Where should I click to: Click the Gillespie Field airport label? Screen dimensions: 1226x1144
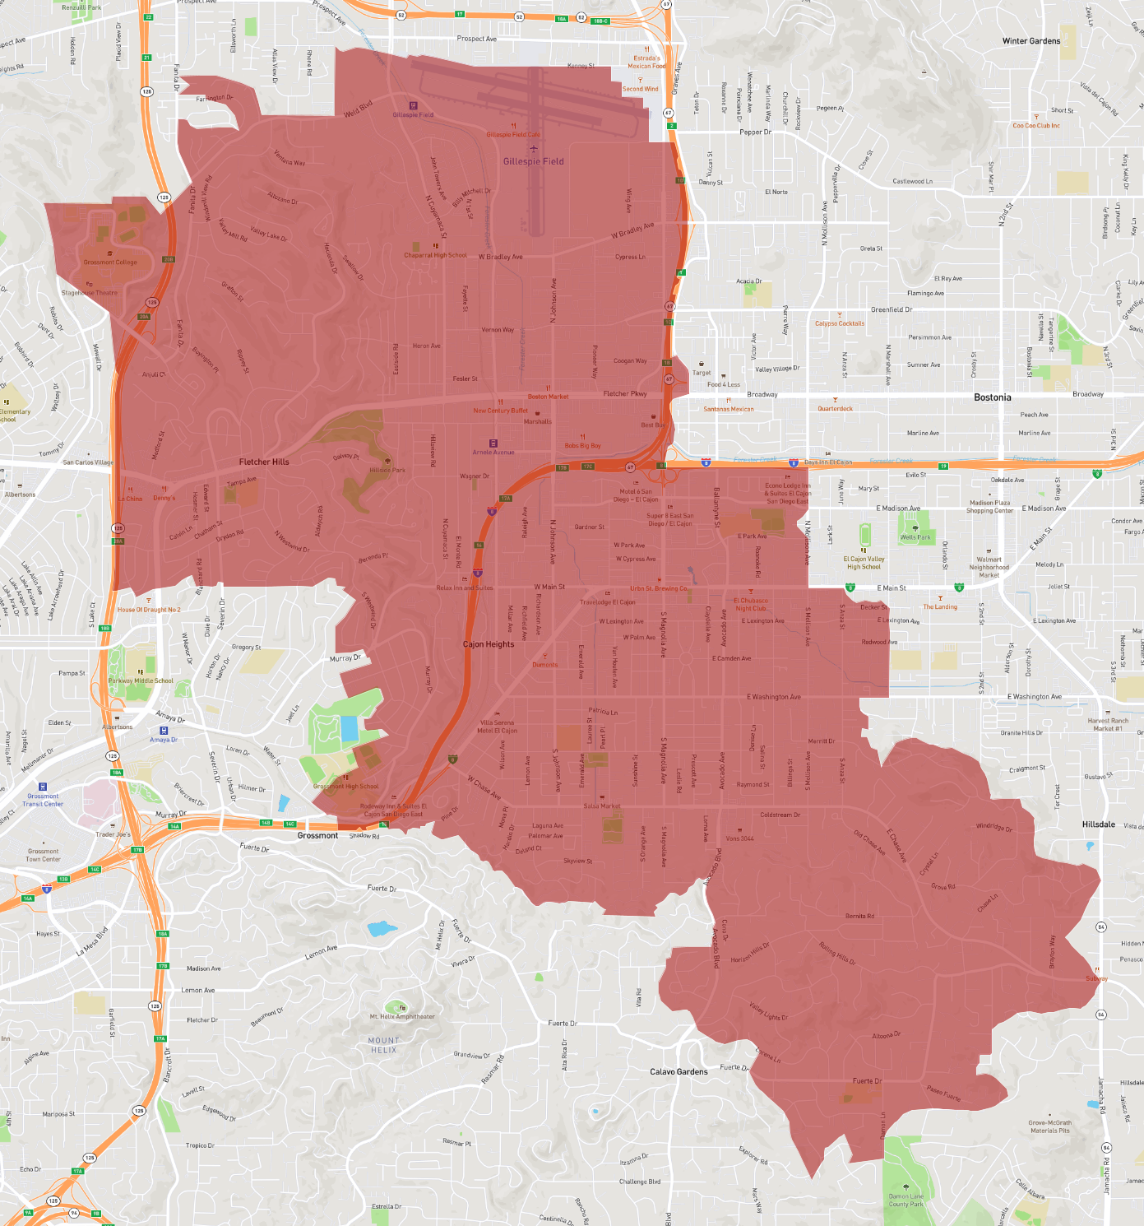click(x=534, y=161)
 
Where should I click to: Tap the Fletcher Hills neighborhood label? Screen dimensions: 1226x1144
click(x=264, y=462)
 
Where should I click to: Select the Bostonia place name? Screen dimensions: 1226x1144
click(x=992, y=397)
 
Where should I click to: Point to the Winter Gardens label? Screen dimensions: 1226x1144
click(x=1031, y=41)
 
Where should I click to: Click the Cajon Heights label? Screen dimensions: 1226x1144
click(x=489, y=644)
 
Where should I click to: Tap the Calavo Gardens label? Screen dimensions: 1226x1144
click(x=679, y=1071)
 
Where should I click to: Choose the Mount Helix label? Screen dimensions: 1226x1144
click(x=383, y=1045)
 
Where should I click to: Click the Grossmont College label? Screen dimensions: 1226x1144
click(x=110, y=262)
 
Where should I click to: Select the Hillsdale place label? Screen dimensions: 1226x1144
click(x=1098, y=824)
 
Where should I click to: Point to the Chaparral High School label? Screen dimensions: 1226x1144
click(x=435, y=255)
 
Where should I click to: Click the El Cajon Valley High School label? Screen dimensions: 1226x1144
click(x=864, y=563)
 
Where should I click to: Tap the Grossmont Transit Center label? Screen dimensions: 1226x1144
click(x=43, y=800)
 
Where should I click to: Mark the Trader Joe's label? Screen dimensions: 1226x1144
click(x=113, y=834)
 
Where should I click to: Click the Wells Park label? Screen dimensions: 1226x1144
click(x=915, y=537)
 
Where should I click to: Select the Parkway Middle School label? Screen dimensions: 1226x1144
click(x=141, y=680)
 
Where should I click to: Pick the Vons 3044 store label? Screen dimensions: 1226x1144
click(x=739, y=838)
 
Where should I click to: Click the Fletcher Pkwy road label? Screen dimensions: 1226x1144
click(x=625, y=393)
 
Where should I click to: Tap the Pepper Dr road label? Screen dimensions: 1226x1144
click(x=755, y=132)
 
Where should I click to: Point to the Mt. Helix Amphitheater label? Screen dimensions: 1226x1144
click(x=402, y=1016)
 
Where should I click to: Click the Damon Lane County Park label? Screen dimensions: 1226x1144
click(x=905, y=1200)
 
